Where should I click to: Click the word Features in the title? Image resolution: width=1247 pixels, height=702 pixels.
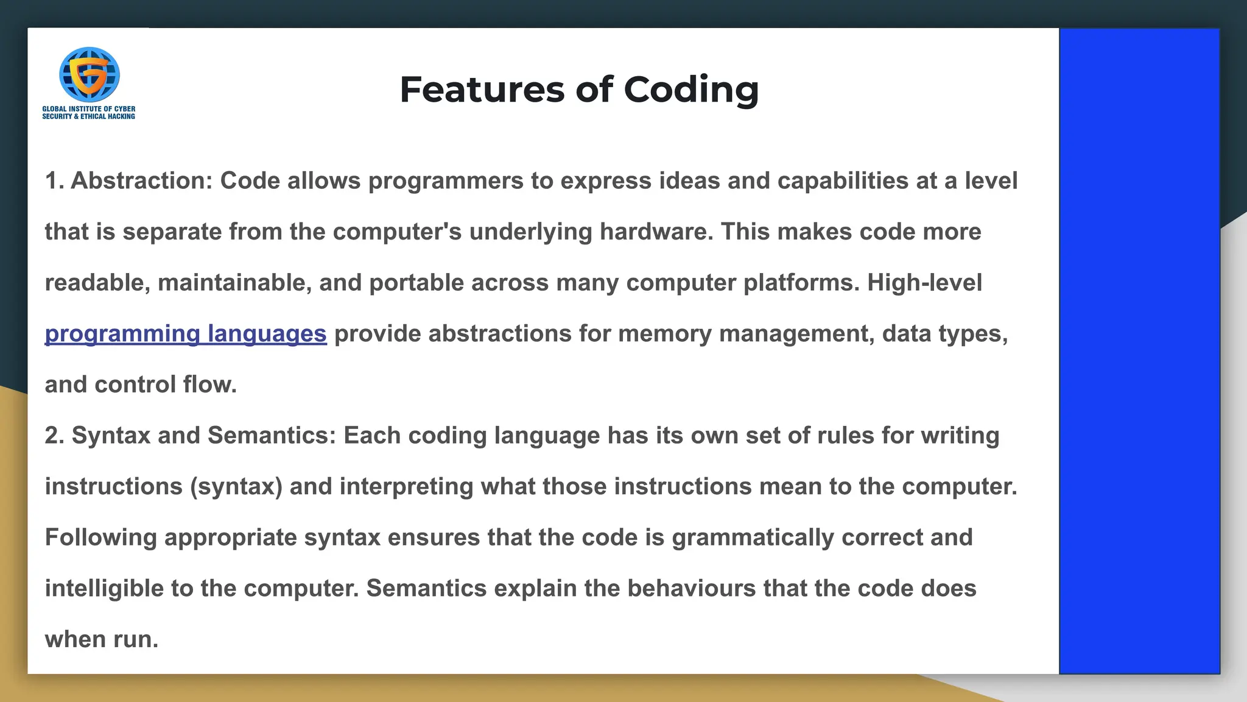tap(483, 90)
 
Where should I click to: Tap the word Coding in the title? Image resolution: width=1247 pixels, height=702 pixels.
tap(691, 91)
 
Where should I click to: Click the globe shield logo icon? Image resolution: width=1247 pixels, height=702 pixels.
tap(89, 74)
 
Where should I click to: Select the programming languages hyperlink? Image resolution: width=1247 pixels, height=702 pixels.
tap(186, 334)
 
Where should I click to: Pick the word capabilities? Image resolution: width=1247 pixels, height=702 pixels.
tap(843, 181)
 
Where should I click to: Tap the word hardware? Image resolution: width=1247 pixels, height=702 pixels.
tap(656, 232)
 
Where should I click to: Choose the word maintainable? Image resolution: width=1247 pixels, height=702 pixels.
tap(234, 283)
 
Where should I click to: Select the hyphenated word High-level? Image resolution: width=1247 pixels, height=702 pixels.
tap(924, 283)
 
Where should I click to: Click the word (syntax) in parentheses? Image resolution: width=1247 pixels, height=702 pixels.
tap(236, 487)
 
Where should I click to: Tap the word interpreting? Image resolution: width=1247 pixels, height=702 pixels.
tap(406, 487)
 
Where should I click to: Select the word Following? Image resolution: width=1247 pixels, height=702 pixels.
tap(101, 537)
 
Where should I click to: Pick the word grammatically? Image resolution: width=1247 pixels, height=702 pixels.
tap(753, 537)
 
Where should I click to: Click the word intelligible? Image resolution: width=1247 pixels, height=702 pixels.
tap(104, 589)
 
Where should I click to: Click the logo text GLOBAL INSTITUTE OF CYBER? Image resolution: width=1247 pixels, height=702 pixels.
tap(89, 109)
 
